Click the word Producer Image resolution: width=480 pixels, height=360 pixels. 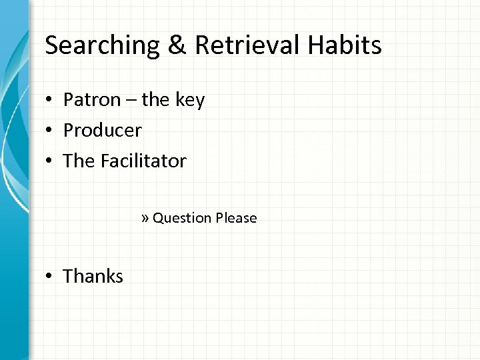coord(102,131)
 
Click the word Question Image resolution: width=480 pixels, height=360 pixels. coord(181,218)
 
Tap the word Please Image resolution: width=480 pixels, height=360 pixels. coord(235,218)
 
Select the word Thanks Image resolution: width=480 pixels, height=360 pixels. coord(93,276)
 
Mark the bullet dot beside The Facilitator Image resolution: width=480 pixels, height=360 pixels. coord(49,161)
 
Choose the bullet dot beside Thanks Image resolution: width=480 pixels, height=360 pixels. coord(49,277)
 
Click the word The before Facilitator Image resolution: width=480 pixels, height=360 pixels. coord(77,161)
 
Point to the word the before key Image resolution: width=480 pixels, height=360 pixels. coord(157,100)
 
